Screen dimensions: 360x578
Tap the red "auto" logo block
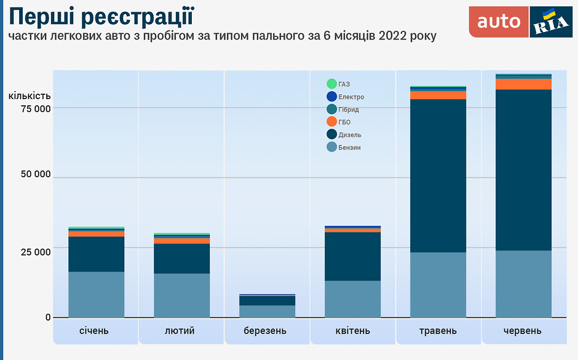pyautogui.click(x=499, y=22)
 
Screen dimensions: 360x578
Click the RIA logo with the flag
pyautogui.click(x=551, y=22)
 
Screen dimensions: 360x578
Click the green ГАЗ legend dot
pyautogui.click(x=332, y=84)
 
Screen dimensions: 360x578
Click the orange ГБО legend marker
pyautogui.click(x=332, y=122)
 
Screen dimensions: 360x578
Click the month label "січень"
pyautogui.click(x=94, y=330)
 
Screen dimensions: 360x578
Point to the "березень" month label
pyautogui.click(x=265, y=330)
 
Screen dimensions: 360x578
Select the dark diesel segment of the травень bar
pyautogui.click(x=438, y=175)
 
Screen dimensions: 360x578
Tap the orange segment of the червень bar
pyautogui.click(x=523, y=84)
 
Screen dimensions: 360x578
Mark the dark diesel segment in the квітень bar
pyautogui.click(x=352, y=256)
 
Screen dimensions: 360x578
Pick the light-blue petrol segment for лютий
pyautogui.click(x=181, y=295)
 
